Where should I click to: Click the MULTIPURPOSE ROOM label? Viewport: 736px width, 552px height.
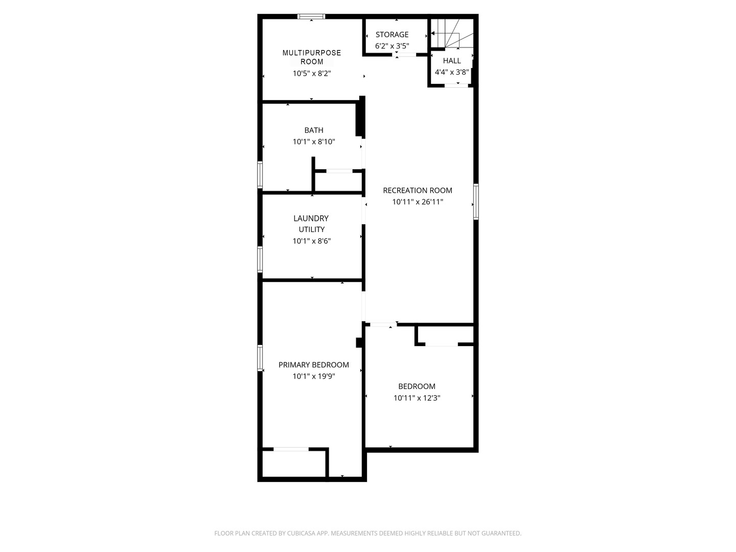(311, 57)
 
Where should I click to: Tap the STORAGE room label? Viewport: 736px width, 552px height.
(392, 35)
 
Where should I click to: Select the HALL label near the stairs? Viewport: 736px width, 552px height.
(452, 61)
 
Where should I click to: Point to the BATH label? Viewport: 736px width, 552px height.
(314, 130)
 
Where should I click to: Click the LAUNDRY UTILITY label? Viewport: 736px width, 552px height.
(311, 224)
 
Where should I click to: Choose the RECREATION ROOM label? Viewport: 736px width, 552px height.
(418, 191)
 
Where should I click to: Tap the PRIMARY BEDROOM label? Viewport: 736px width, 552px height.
(314, 365)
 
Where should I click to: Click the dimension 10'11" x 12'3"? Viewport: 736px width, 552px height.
(417, 398)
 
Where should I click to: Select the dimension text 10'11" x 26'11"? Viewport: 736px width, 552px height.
(418, 202)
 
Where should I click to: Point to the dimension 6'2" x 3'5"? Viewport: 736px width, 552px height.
(392, 46)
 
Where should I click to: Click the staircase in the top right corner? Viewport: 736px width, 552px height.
(452, 34)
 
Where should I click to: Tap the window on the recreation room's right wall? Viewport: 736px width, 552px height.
(476, 202)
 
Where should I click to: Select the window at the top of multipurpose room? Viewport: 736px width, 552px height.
(311, 17)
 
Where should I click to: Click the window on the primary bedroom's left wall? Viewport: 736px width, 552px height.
(260, 358)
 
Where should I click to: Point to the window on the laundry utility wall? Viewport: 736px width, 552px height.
(260, 260)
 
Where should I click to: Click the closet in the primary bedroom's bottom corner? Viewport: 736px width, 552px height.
(293, 464)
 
